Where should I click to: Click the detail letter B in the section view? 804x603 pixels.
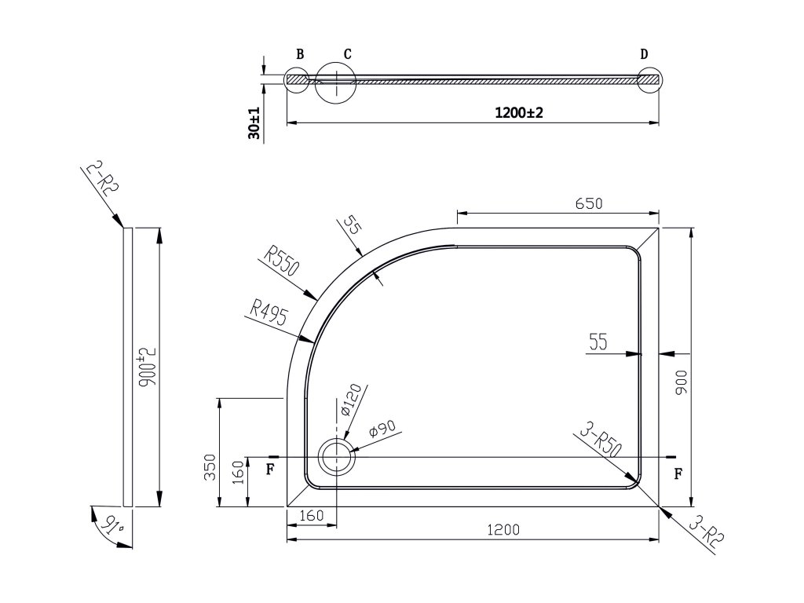300,54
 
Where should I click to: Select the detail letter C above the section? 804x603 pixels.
347,54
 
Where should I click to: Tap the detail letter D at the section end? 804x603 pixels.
644,54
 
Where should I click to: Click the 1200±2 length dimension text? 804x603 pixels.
519,113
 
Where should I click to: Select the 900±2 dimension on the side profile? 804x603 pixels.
147,365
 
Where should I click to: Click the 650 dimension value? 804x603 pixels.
588,204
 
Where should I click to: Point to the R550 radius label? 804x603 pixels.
283,263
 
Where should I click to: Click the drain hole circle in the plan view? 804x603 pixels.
336,456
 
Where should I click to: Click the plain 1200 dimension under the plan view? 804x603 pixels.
504,528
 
